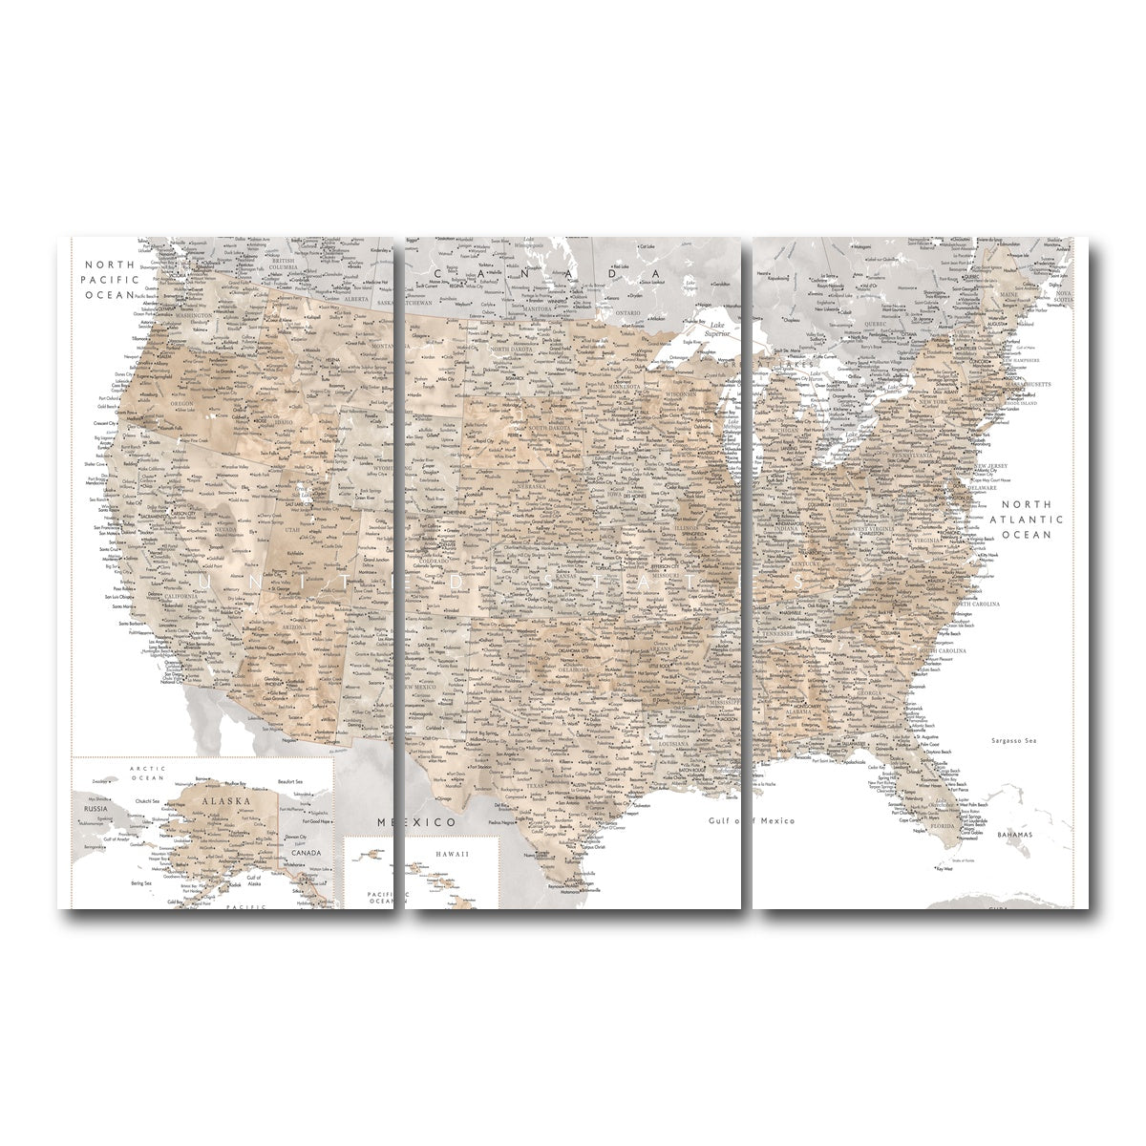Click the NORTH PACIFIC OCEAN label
pyautogui.click(x=112, y=280)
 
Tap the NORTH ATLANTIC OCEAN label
pyautogui.click(x=1026, y=520)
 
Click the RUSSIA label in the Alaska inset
pyautogui.click(x=95, y=807)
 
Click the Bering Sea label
pyautogui.click(x=141, y=883)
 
